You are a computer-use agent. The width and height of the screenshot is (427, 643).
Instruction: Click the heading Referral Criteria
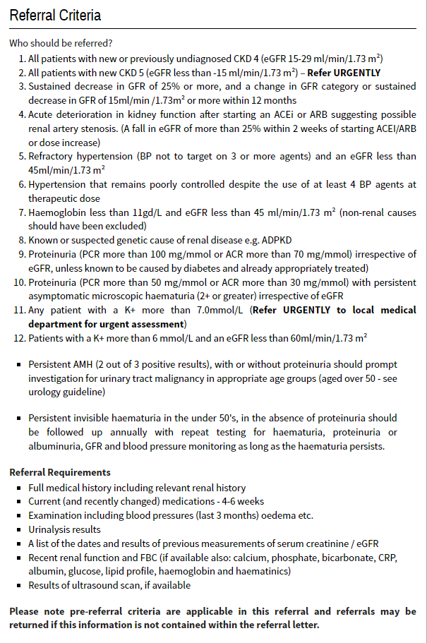tap(55, 15)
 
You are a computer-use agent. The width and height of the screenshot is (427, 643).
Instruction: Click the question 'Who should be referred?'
tap(61, 43)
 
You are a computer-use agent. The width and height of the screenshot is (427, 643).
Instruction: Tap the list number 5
tap(22, 156)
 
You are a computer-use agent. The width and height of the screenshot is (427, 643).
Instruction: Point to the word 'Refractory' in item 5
tap(54, 156)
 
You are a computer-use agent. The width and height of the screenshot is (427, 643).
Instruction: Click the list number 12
tap(20, 338)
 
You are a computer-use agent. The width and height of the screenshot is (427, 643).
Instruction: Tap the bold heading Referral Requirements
tap(60, 472)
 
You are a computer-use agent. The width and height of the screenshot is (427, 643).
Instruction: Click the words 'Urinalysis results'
tap(64, 529)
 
